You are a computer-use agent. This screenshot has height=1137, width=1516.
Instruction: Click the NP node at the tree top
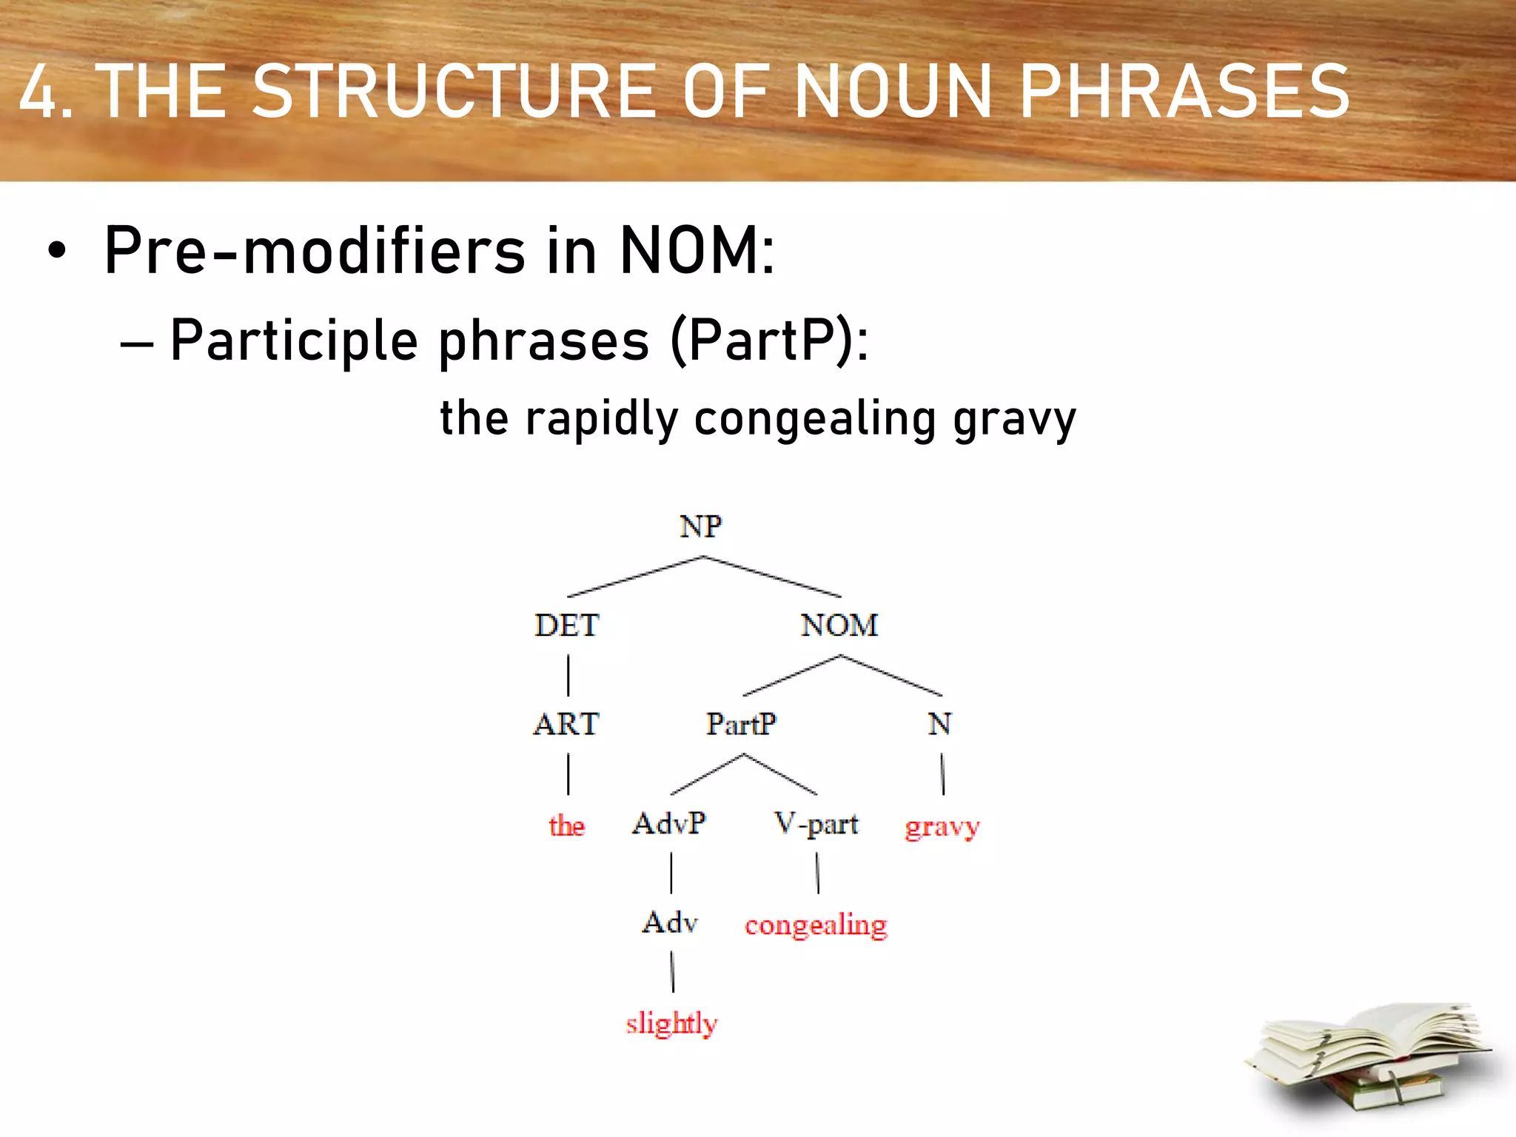coord(700,526)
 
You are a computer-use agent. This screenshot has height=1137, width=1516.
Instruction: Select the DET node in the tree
coord(566,625)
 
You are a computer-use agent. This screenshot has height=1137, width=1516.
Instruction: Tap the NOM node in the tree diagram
coord(839,625)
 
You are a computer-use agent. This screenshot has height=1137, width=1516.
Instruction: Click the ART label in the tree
coord(566,724)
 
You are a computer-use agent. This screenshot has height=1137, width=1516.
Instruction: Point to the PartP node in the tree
coord(741,724)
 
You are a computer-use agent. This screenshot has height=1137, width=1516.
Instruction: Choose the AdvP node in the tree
coord(669,823)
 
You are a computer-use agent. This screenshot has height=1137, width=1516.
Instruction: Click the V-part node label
coord(816,823)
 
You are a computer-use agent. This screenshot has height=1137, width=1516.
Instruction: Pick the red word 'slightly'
coord(671,1024)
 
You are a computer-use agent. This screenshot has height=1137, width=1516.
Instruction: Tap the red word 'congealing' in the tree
coord(816,925)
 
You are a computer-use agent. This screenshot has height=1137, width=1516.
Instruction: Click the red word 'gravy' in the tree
coord(942,826)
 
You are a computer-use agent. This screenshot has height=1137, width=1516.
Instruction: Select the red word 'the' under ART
coord(566,825)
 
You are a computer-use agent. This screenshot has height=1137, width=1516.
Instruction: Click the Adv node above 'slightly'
coord(670,923)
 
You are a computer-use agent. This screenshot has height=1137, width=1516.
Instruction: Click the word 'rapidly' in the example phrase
coord(601,419)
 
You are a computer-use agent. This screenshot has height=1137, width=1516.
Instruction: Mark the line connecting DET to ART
coord(568,674)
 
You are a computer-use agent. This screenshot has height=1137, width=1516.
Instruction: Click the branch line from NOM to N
coord(891,676)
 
